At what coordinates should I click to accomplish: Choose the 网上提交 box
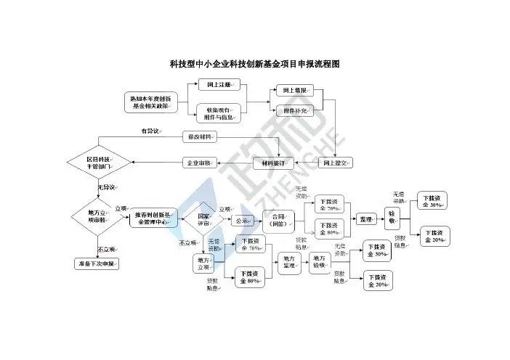coord(335,163)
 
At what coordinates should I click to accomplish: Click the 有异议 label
coord(150,131)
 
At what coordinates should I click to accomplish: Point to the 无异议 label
coord(107,188)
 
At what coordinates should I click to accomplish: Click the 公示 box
coord(240,221)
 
